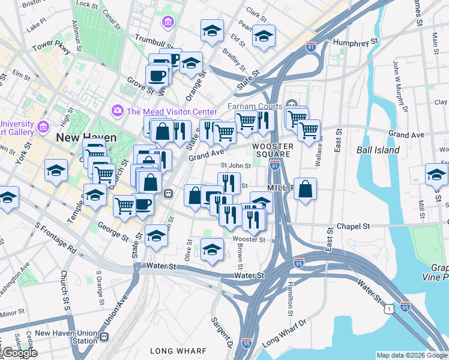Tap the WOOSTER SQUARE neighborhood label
point(272,151)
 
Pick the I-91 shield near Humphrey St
point(310,47)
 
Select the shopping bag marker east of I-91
point(306,189)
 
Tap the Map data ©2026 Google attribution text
point(411,355)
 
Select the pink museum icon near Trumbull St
point(167,23)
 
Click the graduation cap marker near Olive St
point(212,250)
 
